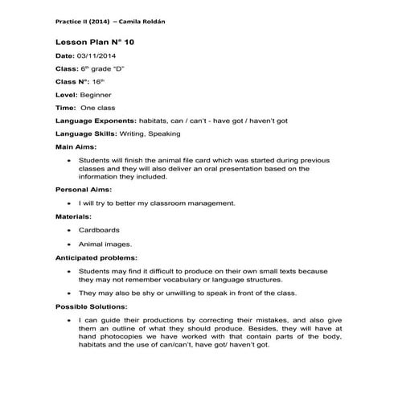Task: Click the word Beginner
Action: [95, 94]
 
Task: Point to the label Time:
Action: [65, 107]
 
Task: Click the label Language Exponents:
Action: [96, 121]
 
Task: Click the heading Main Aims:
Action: [76, 147]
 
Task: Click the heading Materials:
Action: [73, 216]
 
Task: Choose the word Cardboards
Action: [99, 230]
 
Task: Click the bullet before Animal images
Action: [72, 244]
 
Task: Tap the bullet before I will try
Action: [72, 203]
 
